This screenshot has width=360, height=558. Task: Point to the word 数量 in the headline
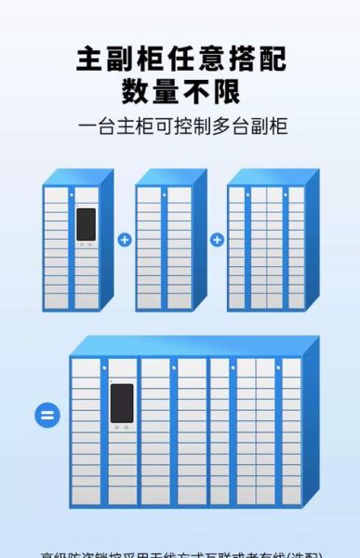pyautogui.click(x=151, y=92)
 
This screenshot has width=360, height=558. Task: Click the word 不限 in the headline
pyautogui.click(x=214, y=92)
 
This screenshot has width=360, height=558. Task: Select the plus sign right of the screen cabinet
pyautogui.click(x=124, y=240)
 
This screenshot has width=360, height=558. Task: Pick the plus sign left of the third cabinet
pyautogui.click(x=216, y=240)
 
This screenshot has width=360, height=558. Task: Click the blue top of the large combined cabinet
pyautogui.click(x=186, y=345)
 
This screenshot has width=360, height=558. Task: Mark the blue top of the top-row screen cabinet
pyautogui.click(x=78, y=177)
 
